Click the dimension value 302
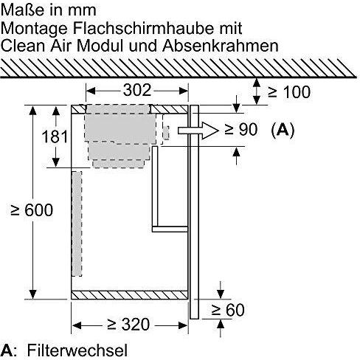[137, 90]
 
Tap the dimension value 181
[55, 136]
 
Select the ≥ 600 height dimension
[32, 210]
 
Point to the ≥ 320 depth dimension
[128, 325]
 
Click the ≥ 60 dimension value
[228, 310]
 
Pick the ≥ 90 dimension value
[241, 129]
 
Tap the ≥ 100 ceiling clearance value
[289, 92]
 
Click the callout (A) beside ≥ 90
[283, 130]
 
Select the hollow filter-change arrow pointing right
[198, 131]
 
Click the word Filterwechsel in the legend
[77, 350]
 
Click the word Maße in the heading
[24, 10]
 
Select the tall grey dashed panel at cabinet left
[77, 224]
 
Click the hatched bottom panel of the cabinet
[130, 295]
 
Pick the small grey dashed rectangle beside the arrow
[167, 133]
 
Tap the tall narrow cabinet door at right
[194, 212]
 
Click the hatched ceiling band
[179, 68]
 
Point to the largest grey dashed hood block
[120, 128]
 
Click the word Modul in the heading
[100, 46]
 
